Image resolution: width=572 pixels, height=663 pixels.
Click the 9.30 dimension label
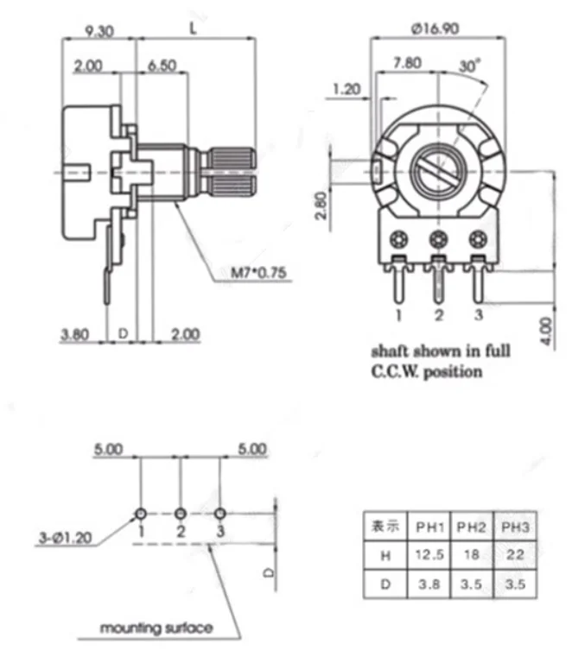point(99,31)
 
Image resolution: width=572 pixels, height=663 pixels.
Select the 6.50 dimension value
point(162,66)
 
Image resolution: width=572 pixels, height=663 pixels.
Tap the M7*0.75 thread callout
point(258,272)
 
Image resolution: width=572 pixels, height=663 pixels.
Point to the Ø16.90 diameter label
point(435,28)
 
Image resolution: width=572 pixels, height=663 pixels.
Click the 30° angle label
point(470,66)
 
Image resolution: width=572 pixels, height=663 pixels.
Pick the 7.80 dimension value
point(407,63)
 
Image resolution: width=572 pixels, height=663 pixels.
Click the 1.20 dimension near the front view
point(346,89)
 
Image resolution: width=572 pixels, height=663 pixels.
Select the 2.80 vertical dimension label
point(321,206)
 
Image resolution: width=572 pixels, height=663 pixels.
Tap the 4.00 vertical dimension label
point(547,331)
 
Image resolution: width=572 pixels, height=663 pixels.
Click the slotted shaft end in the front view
point(438,173)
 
